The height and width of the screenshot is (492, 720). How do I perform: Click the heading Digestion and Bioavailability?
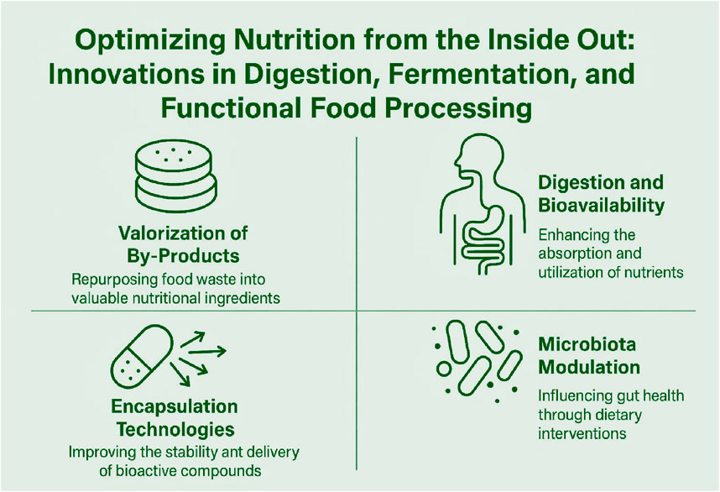tap(601, 193)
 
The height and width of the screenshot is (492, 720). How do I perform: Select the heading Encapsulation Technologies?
tap(175, 418)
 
